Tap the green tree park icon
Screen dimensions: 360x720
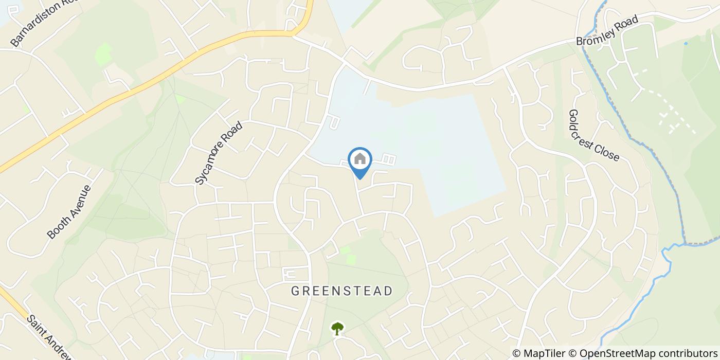point(337,328)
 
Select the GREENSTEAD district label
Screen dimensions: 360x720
point(342,291)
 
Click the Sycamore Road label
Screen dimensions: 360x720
point(218,153)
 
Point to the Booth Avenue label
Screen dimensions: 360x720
point(69,212)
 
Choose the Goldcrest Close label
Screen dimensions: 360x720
point(594,135)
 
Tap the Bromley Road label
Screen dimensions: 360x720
point(607,30)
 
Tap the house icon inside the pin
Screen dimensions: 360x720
point(360,158)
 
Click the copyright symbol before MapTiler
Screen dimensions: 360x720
point(517,353)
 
